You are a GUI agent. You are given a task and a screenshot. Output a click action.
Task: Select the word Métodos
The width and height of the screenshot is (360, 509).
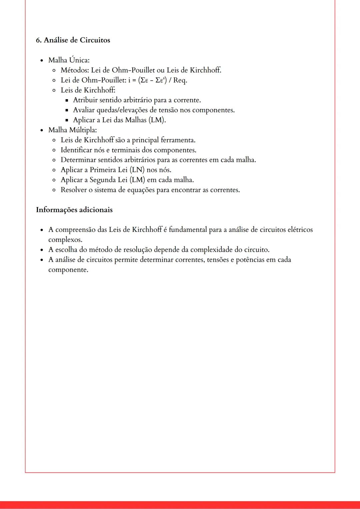pos(74,70)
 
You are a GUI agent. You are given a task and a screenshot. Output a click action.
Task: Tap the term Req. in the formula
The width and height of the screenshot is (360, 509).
pos(180,80)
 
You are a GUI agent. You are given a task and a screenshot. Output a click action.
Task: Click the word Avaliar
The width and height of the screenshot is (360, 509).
pos(84,110)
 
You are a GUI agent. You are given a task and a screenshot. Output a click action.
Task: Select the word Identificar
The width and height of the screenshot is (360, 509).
pos(76,150)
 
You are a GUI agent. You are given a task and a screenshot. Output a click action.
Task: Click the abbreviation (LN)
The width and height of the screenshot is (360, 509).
pos(137,170)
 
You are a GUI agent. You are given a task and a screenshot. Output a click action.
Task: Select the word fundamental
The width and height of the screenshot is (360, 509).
pos(188,230)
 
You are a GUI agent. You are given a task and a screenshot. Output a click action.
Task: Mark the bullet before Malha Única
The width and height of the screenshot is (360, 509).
pos(42,61)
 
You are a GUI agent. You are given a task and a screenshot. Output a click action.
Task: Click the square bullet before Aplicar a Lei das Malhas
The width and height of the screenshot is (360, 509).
pos(67,120)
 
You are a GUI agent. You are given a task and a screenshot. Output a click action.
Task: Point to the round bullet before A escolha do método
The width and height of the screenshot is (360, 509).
pos(42,250)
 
